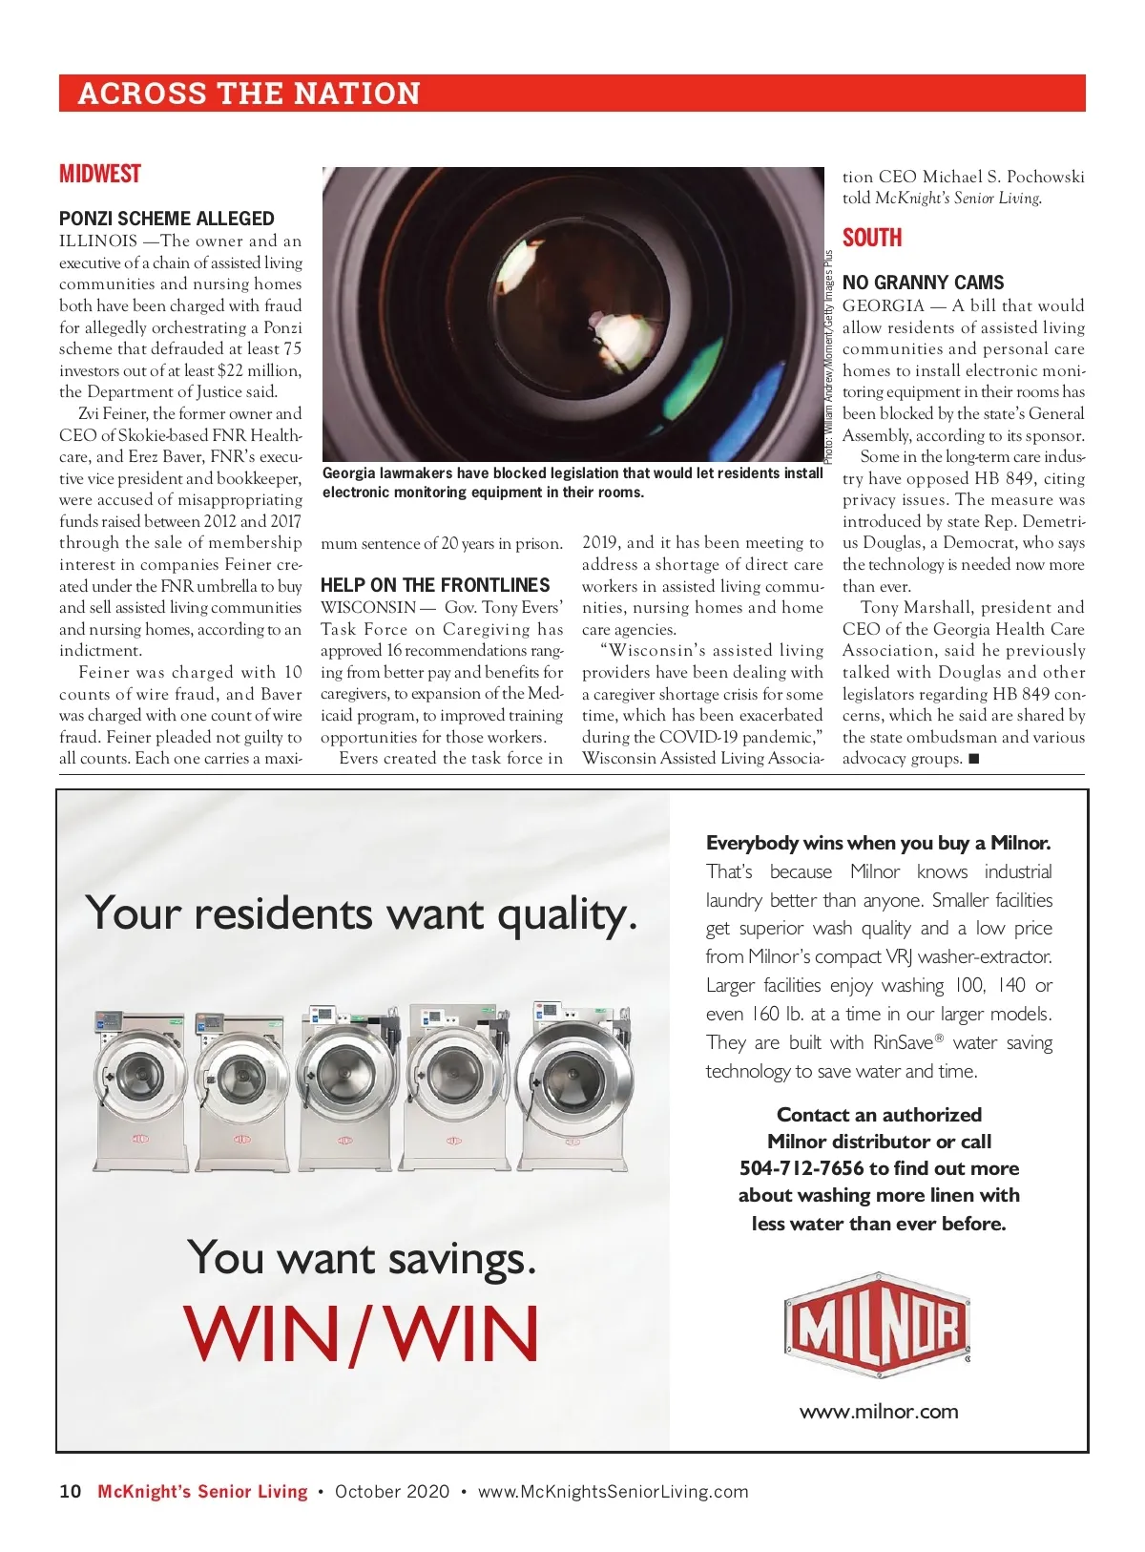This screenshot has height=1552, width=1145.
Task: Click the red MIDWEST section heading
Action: click(99, 175)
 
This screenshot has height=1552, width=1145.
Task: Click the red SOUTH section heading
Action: click(871, 239)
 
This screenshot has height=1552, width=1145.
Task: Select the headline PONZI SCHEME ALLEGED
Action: click(166, 219)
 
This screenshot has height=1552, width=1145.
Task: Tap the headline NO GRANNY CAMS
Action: click(923, 283)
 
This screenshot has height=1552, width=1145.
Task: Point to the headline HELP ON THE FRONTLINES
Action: click(435, 585)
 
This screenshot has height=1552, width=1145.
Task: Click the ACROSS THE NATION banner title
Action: click(249, 94)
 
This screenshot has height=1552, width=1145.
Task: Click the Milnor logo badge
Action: click(877, 1326)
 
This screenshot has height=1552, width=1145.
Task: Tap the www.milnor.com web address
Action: click(879, 1412)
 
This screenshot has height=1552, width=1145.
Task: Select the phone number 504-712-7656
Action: click(801, 1168)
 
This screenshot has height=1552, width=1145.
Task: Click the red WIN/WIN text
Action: click(362, 1333)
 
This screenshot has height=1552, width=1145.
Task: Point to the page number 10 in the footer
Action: click(71, 1492)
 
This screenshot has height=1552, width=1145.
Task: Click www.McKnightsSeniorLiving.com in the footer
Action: click(613, 1492)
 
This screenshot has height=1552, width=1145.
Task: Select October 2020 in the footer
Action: click(392, 1492)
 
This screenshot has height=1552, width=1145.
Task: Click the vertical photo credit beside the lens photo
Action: click(829, 358)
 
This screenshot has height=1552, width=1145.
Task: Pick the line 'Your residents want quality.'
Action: click(362, 913)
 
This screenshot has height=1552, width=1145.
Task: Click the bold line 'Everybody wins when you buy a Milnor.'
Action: click(878, 843)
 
